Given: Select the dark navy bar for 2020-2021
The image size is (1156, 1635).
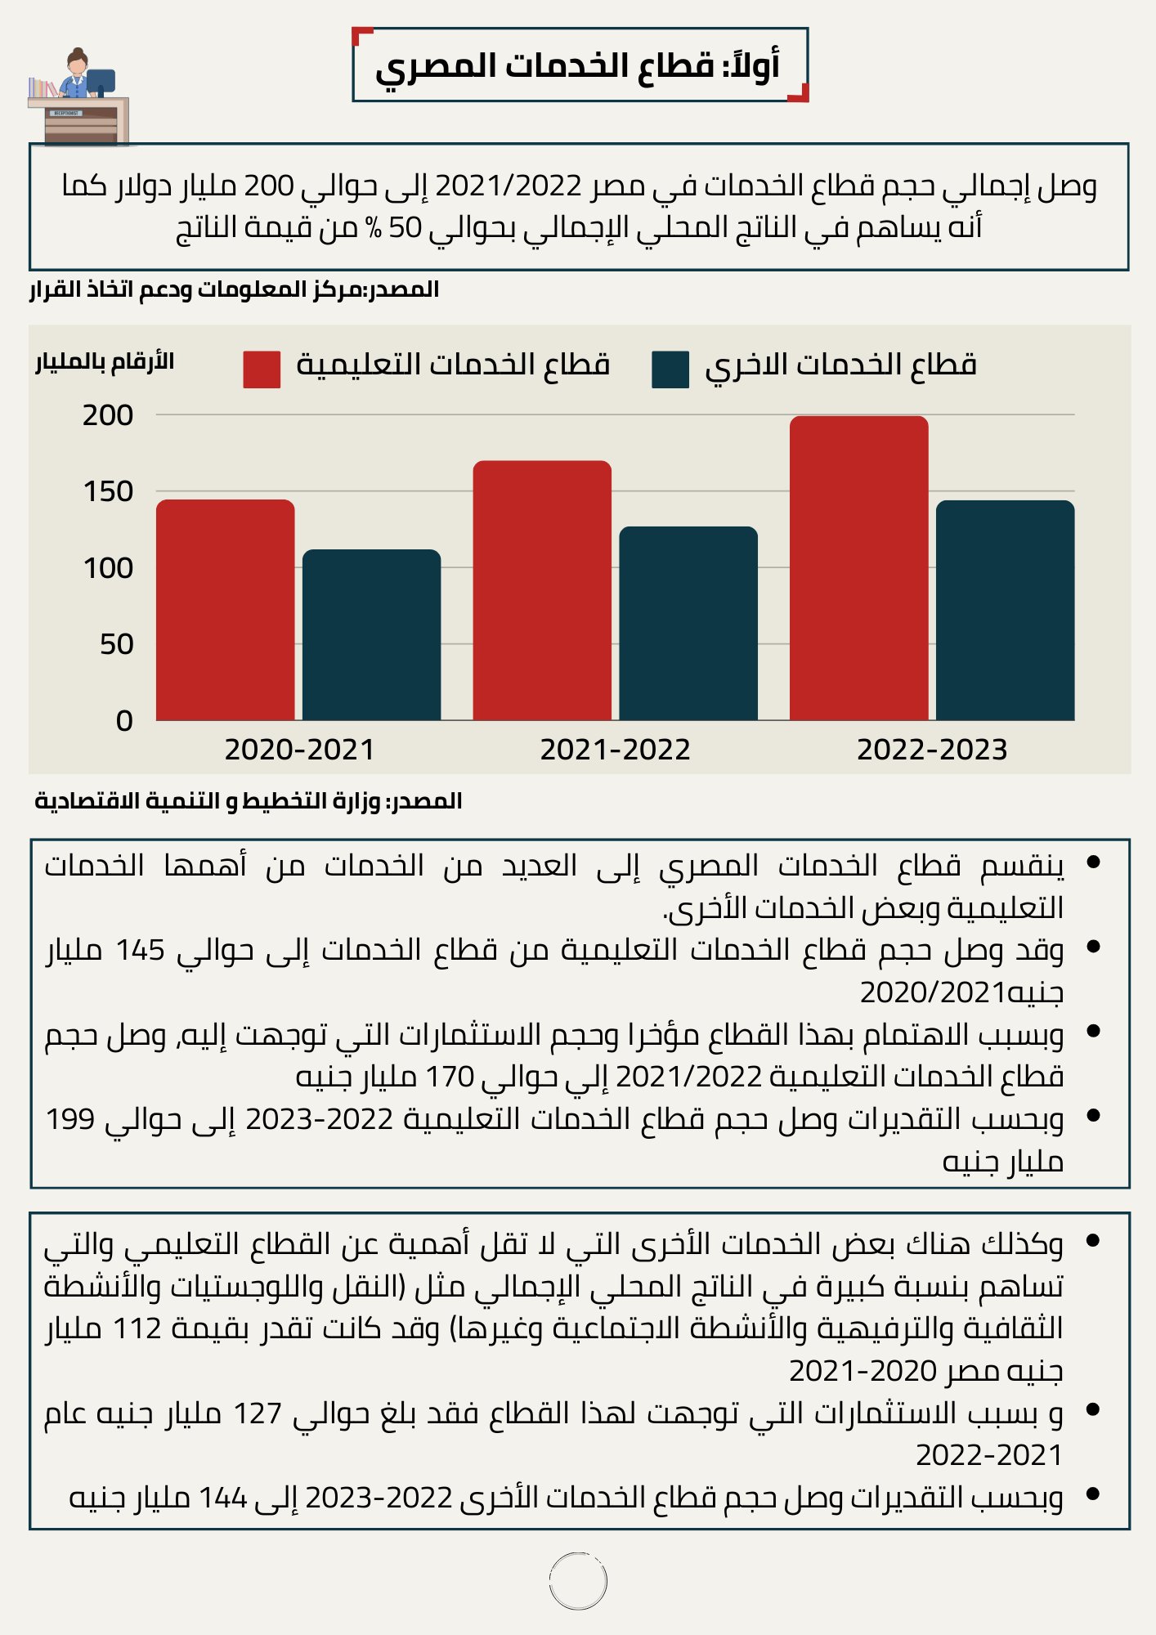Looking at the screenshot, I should pyautogui.click(x=372, y=635).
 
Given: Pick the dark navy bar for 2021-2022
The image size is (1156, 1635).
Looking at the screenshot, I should pyautogui.click(x=688, y=624).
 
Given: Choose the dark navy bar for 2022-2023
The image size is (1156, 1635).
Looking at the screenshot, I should pyautogui.click(x=1006, y=611).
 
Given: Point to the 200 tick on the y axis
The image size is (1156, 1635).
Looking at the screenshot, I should pyautogui.click(x=108, y=415).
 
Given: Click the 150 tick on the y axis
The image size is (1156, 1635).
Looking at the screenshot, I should pyautogui.click(x=108, y=491).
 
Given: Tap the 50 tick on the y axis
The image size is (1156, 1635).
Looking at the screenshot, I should pyautogui.click(x=116, y=644).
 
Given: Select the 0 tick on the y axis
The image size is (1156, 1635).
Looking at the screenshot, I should pyautogui.click(x=124, y=720).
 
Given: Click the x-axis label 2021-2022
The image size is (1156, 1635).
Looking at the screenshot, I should pyautogui.click(x=616, y=750).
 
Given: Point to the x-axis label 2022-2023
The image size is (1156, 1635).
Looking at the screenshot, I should pyautogui.click(x=932, y=750).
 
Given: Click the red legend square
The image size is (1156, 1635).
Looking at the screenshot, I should pyautogui.click(x=262, y=370).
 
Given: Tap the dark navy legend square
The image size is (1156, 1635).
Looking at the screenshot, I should pyautogui.click(x=670, y=370).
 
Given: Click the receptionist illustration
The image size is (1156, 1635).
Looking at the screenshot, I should pyautogui.click(x=78, y=96).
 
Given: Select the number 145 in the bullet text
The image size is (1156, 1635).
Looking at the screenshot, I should pyautogui.click(x=140, y=951).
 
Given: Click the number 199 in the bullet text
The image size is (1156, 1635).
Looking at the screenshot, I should pyautogui.click(x=70, y=1119).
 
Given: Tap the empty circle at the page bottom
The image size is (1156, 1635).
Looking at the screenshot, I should pyautogui.click(x=578, y=1581).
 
